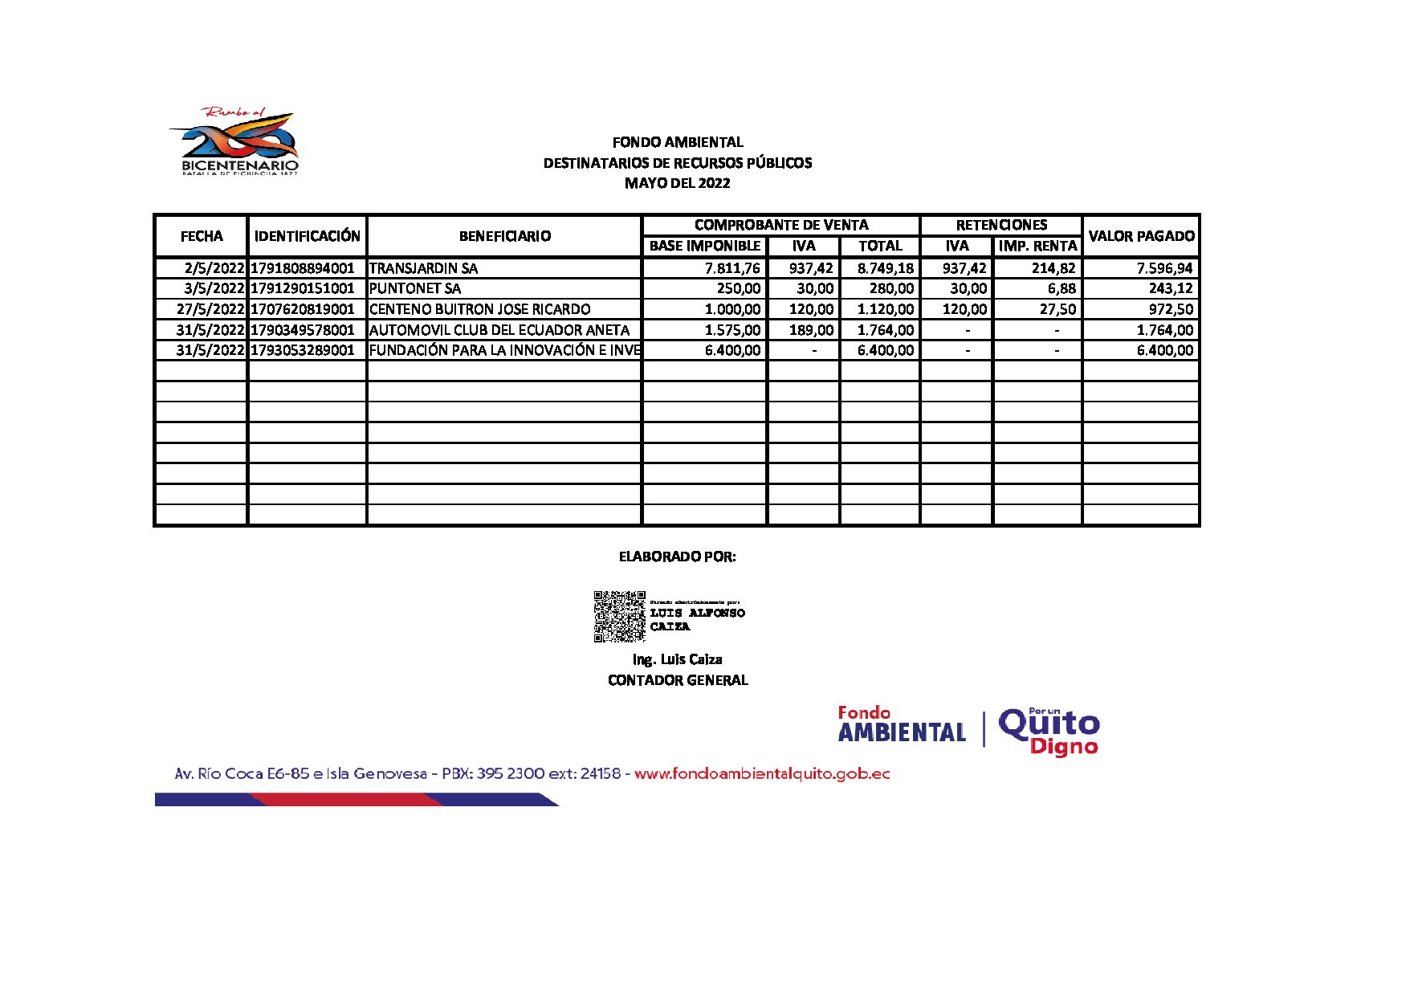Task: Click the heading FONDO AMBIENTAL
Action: (x=678, y=142)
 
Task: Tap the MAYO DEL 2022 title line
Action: (x=678, y=183)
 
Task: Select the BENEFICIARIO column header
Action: (x=504, y=236)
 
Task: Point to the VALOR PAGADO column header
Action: (x=1141, y=236)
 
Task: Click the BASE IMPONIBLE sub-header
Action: (x=704, y=246)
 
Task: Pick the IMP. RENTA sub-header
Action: (x=1037, y=246)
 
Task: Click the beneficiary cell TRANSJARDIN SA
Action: (x=423, y=268)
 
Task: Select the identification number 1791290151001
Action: (x=303, y=288)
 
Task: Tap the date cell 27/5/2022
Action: (x=210, y=309)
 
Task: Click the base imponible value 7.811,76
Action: (x=732, y=268)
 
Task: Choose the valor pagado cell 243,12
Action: (x=1171, y=288)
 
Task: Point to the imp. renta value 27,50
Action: (x=1057, y=309)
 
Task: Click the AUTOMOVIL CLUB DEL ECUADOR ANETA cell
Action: (x=499, y=330)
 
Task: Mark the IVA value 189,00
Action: (x=811, y=330)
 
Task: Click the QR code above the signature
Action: (x=619, y=616)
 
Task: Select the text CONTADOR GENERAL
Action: (x=678, y=680)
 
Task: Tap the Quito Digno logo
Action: (x=1049, y=731)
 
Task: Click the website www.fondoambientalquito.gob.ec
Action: (x=762, y=774)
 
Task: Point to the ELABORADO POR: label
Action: (x=677, y=557)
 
